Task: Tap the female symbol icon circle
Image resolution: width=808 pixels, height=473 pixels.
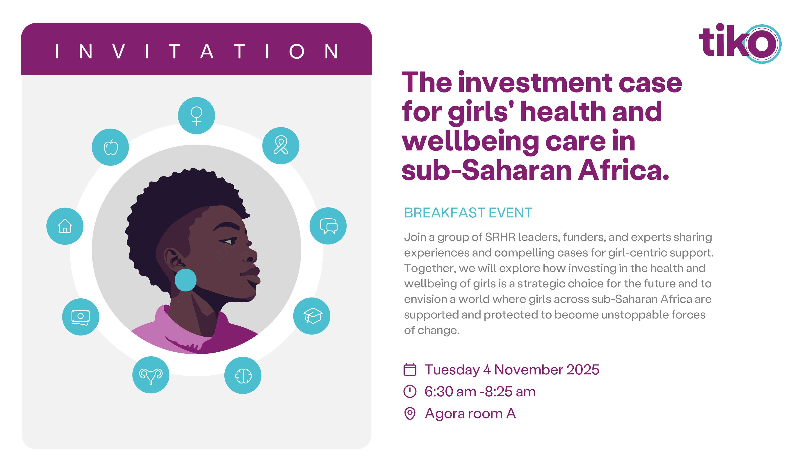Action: (196, 115)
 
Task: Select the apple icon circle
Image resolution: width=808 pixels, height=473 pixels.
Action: (110, 147)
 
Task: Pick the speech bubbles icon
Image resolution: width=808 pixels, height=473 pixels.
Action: (328, 226)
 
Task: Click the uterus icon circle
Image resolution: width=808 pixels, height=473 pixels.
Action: (151, 375)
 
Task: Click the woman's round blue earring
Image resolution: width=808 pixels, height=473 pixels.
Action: (186, 280)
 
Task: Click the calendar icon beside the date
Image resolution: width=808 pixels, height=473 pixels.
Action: (410, 369)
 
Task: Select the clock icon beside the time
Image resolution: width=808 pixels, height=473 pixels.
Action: (410, 392)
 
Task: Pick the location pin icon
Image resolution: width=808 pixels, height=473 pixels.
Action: (410, 414)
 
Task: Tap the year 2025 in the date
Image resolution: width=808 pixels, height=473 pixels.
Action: (583, 370)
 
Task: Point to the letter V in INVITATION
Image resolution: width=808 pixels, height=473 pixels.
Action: (119, 51)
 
